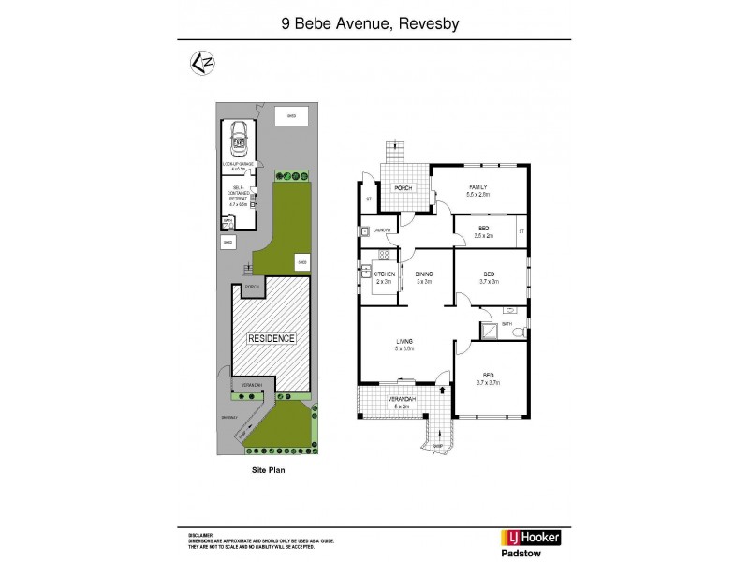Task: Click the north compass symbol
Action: click(199, 64)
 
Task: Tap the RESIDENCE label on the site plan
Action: click(271, 338)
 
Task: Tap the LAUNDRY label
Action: click(382, 229)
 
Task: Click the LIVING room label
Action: click(404, 343)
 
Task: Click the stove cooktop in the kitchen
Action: click(383, 255)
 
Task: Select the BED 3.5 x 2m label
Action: click(483, 230)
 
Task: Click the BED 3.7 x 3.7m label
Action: click(489, 377)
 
